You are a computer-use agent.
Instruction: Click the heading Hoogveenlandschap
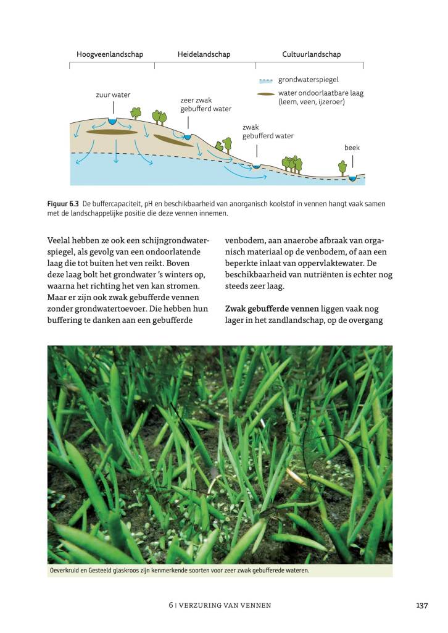[109, 54]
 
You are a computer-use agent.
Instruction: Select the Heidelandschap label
[204, 54]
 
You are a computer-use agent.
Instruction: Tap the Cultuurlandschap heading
[311, 54]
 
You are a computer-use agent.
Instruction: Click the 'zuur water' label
[113, 95]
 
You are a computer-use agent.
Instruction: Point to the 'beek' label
[352, 148]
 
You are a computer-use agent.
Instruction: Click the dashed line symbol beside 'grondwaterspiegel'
[266, 80]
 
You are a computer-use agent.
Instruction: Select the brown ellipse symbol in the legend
[266, 94]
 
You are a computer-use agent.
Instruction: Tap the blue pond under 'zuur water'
[113, 121]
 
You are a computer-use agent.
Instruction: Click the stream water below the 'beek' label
[352, 178]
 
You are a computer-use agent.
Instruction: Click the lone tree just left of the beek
[342, 166]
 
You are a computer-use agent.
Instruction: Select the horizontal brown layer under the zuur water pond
[112, 132]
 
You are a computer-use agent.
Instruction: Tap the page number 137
[421, 606]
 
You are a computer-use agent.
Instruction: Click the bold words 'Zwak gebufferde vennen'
[272, 308]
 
